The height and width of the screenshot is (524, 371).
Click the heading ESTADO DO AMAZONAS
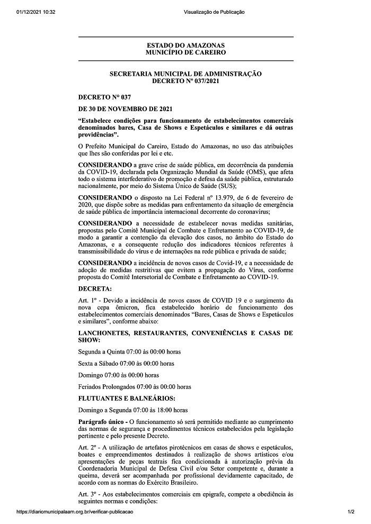[x=185, y=46]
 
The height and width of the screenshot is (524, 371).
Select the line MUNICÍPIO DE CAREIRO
[x=185, y=53]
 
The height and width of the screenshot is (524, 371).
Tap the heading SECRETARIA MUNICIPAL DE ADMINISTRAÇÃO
[x=185, y=74]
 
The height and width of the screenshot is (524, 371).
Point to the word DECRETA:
[x=95, y=290]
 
